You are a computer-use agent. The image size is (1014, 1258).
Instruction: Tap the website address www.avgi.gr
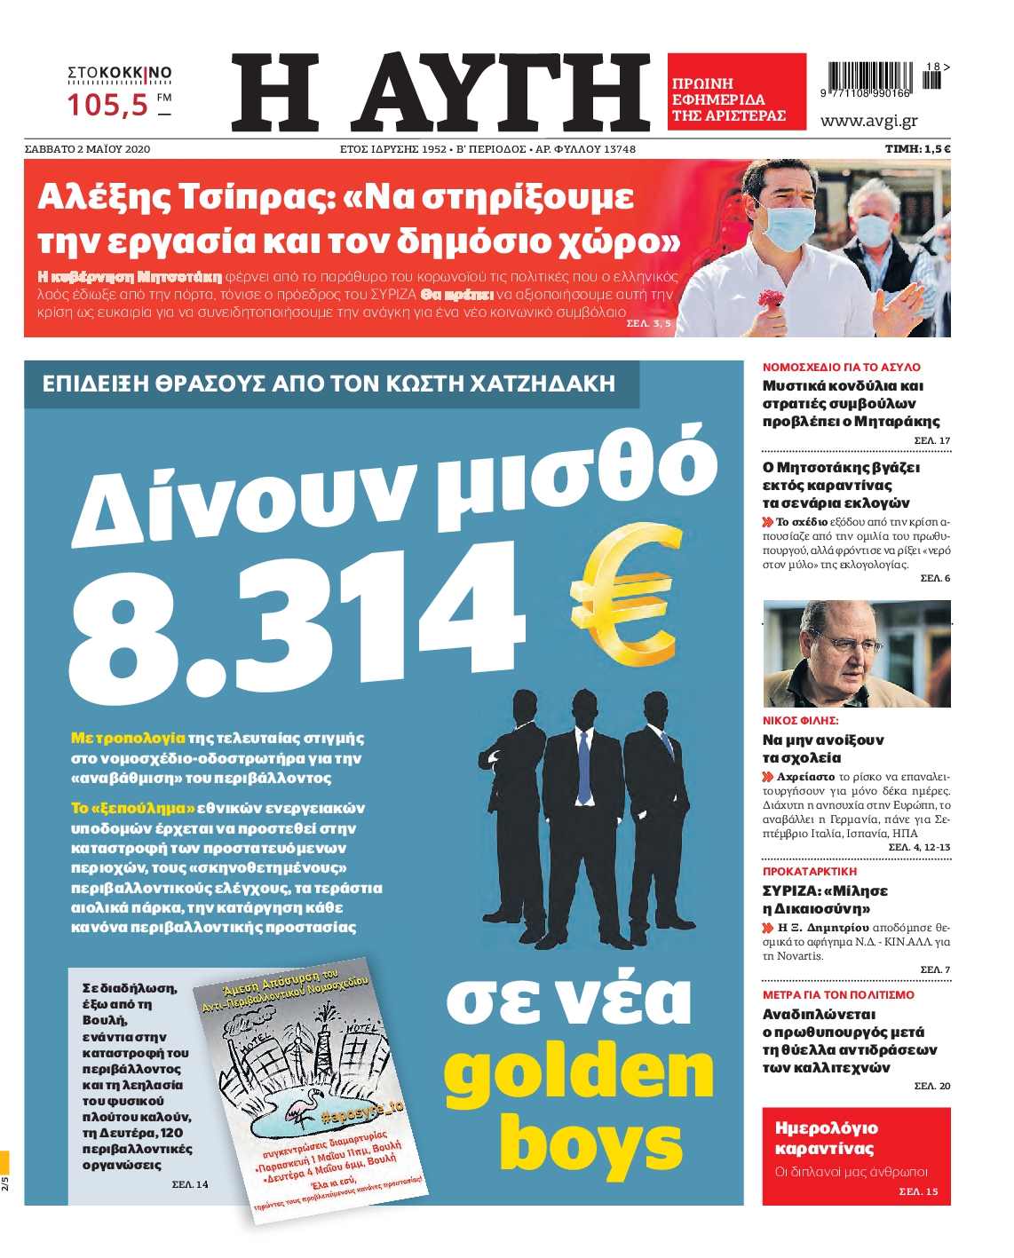pos(868,121)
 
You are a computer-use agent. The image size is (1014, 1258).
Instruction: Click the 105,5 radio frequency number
pos(108,106)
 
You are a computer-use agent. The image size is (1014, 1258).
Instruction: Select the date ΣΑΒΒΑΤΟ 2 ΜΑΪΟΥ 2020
pos(87,149)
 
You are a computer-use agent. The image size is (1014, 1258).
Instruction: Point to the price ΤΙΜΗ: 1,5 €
pos(917,149)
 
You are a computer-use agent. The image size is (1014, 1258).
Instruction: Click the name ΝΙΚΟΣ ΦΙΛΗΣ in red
pos(800,721)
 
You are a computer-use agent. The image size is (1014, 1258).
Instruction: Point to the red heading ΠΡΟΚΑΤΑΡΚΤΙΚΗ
pos(809,872)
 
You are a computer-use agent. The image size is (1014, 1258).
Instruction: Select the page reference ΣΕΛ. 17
pos(931,440)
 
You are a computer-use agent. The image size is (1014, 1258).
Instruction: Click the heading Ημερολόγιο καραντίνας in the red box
pos(826,1138)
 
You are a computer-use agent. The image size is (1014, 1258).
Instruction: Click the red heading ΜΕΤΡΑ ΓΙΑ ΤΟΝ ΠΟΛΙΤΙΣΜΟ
pos(837,995)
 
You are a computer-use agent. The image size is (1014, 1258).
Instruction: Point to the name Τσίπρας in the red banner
pos(255,196)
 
